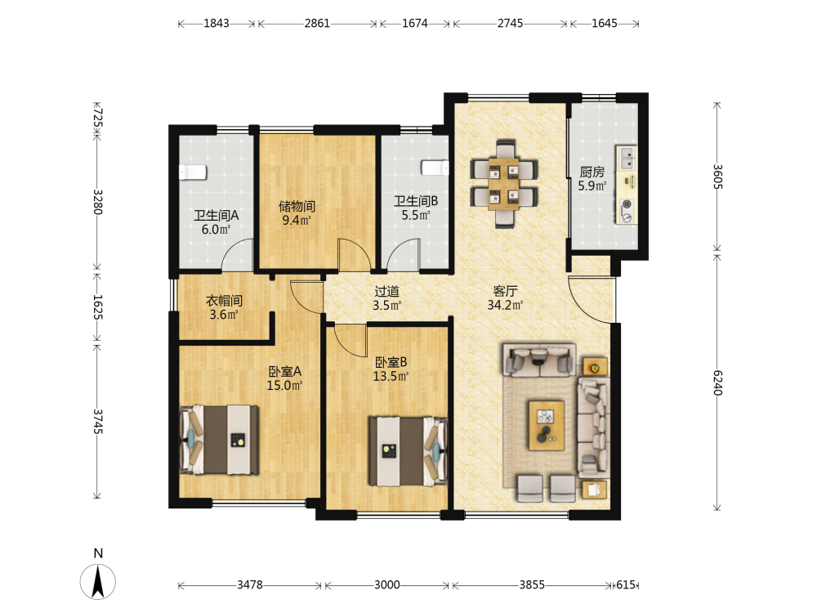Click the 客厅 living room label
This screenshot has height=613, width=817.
click(505, 291)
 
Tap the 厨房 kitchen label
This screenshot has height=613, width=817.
click(592, 172)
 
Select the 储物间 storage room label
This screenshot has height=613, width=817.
click(297, 206)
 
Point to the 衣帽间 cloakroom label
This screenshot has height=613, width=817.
click(224, 301)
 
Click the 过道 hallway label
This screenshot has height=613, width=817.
click(386, 292)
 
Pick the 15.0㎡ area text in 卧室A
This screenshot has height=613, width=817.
click(284, 386)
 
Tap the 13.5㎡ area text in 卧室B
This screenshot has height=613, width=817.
click(391, 376)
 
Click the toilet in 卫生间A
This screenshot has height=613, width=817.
click(193, 172)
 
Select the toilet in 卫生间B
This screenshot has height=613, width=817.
click(435, 168)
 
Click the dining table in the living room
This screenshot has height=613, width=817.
click(504, 183)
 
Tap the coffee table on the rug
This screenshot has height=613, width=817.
click(547, 425)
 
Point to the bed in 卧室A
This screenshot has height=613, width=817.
click(219, 440)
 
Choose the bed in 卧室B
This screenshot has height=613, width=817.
click(408, 451)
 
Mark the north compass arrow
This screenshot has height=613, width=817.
click(98, 582)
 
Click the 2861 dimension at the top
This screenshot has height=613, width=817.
click(317, 24)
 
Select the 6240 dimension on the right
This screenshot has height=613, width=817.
click(717, 383)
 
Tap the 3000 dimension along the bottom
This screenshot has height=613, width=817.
click(387, 585)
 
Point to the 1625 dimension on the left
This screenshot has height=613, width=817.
click(98, 307)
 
